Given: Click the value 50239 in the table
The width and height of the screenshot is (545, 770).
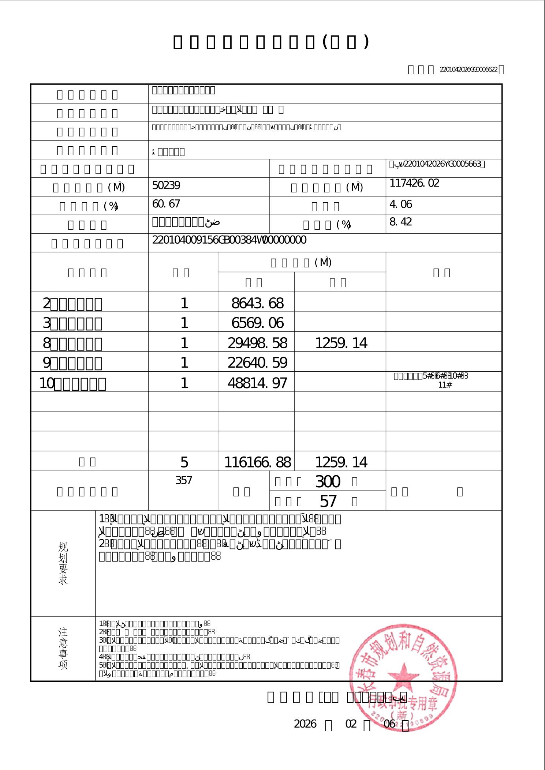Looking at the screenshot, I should click(x=166, y=186).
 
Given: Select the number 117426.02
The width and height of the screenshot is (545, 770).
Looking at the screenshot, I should click(x=414, y=183).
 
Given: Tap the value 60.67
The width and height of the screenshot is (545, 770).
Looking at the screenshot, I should click(x=166, y=204).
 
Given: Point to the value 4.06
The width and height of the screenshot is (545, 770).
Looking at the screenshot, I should click(x=401, y=204).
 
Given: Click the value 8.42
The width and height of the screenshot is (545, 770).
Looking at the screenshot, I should click(x=401, y=222).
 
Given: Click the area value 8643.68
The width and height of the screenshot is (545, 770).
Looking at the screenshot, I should click(x=257, y=303).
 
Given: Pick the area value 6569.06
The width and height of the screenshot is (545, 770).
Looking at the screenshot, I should click(x=257, y=323).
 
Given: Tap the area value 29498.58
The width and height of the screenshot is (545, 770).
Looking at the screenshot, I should click(x=257, y=343).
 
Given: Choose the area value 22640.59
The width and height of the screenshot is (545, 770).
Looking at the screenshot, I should click(x=257, y=363).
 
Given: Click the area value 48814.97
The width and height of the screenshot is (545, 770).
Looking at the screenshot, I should click(x=257, y=383).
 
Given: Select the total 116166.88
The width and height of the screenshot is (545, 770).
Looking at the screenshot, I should click(x=257, y=463).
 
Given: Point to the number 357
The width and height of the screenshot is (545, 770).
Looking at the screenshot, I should click(x=184, y=481).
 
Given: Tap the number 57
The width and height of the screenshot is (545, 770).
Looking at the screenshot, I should click(x=328, y=501).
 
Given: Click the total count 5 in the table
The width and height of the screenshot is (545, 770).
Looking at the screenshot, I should click(x=184, y=463).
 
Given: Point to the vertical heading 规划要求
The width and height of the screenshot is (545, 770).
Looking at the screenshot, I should click(x=63, y=563).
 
